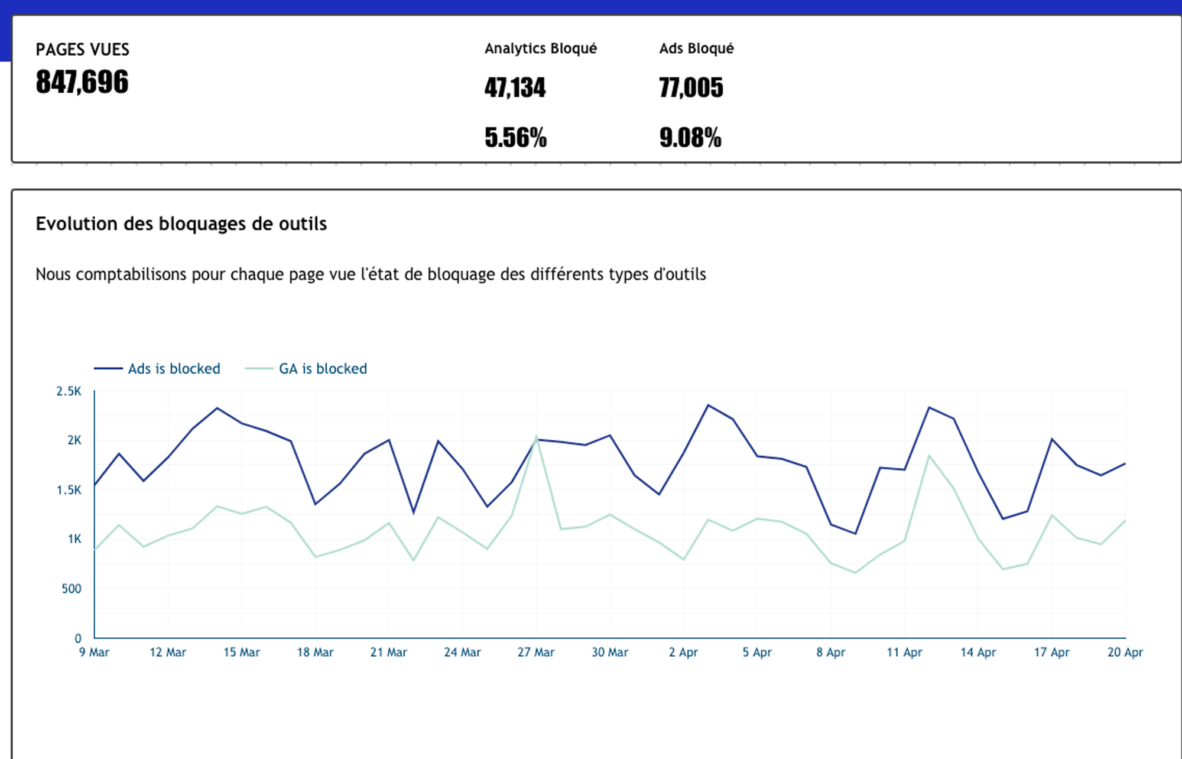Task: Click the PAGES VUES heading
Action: click(82, 50)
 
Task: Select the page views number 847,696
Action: click(82, 82)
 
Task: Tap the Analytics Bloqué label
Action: click(540, 48)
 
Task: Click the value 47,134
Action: click(515, 88)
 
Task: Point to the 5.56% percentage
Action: click(515, 138)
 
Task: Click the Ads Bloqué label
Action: click(696, 48)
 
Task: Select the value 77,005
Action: click(691, 88)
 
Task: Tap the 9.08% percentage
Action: click(690, 138)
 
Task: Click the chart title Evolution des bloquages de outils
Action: click(181, 224)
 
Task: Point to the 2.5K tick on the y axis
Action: click(69, 391)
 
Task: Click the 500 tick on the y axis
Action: click(71, 589)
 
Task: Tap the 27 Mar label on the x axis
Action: click(535, 653)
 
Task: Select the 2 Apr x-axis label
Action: click(683, 653)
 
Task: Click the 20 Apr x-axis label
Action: click(1125, 653)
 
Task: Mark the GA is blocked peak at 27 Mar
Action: click(536, 437)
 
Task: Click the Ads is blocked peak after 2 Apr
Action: click(708, 406)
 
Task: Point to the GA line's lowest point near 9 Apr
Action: click(855, 573)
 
